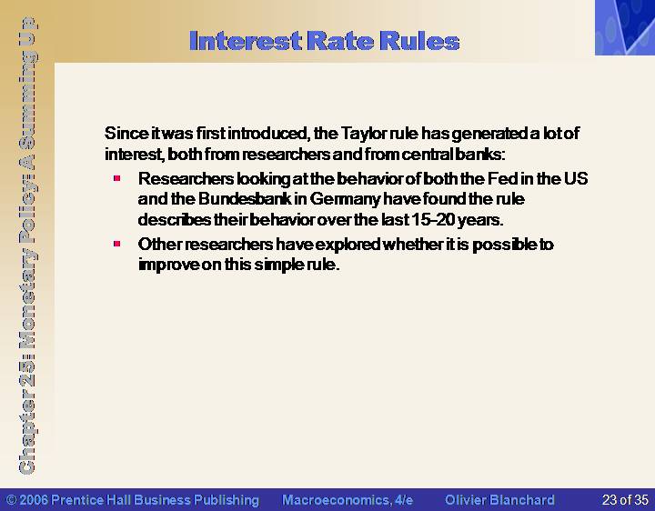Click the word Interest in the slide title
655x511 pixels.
click(x=246, y=41)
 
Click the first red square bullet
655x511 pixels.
click(x=117, y=178)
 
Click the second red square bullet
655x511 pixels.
click(x=117, y=244)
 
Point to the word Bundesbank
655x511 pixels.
click(x=245, y=199)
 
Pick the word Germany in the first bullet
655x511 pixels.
click(x=345, y=199)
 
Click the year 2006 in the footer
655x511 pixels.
click(x=34, y=500)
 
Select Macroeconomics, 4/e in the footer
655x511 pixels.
click(x=348, y=500)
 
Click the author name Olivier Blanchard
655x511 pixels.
click(x=499, y=500)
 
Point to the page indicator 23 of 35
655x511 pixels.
click(x=625, y=500)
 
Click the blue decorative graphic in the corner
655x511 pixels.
click(x=625, y=27)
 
